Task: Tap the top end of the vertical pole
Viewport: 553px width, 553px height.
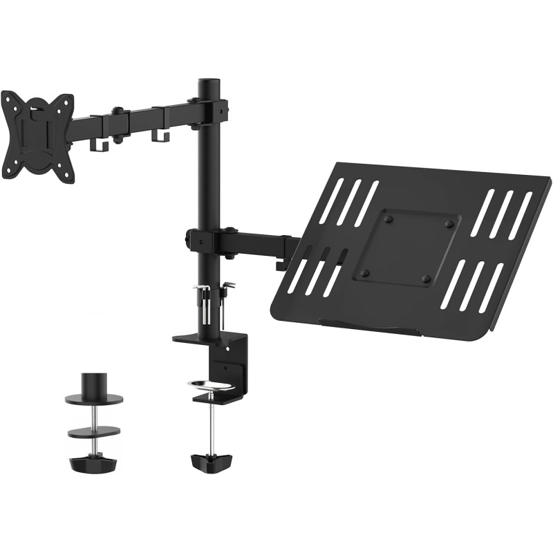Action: [207, 85]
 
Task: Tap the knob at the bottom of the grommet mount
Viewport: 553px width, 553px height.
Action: [92, 462]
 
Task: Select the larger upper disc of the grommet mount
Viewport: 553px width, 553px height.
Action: [93, 400]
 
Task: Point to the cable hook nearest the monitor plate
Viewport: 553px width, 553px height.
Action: [97, 144]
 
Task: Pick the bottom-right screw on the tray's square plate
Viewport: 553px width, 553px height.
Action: [427, 279]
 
